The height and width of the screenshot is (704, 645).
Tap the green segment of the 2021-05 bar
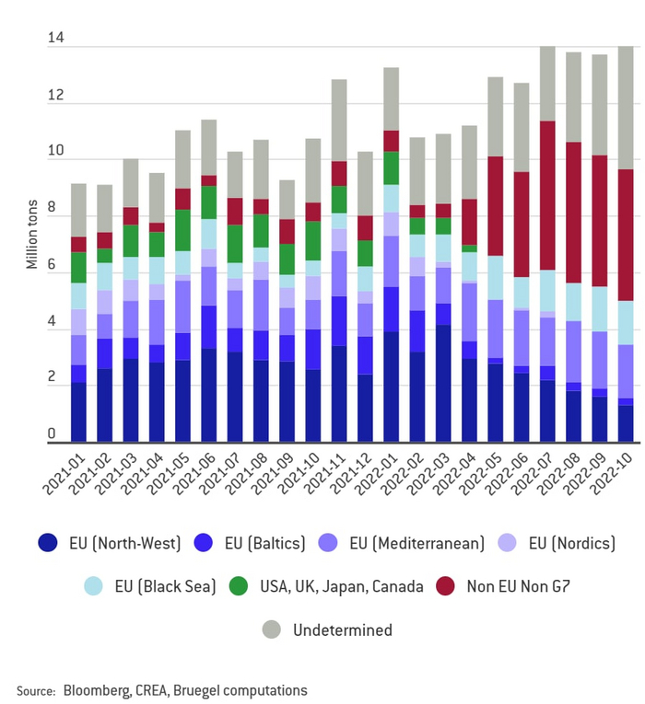click(x=182, y=230)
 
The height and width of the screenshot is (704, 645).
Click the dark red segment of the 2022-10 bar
click(x=626, y=235)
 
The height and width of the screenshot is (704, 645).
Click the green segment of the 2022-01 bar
click(x=391, y=167)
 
